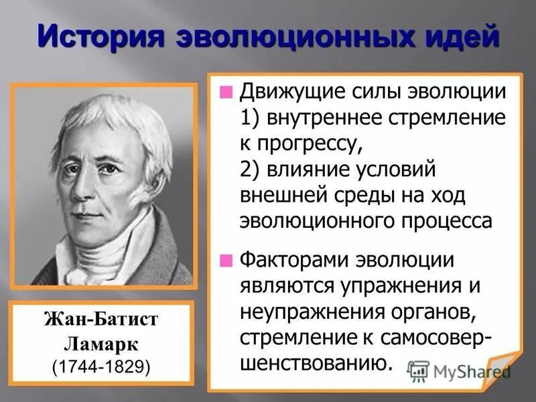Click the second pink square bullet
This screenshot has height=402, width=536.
tap(228, 258)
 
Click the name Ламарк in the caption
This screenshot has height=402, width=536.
tap(101, 343)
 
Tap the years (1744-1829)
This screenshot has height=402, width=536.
tap(101, 366)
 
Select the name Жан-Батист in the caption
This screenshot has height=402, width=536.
tap(101, 320)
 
